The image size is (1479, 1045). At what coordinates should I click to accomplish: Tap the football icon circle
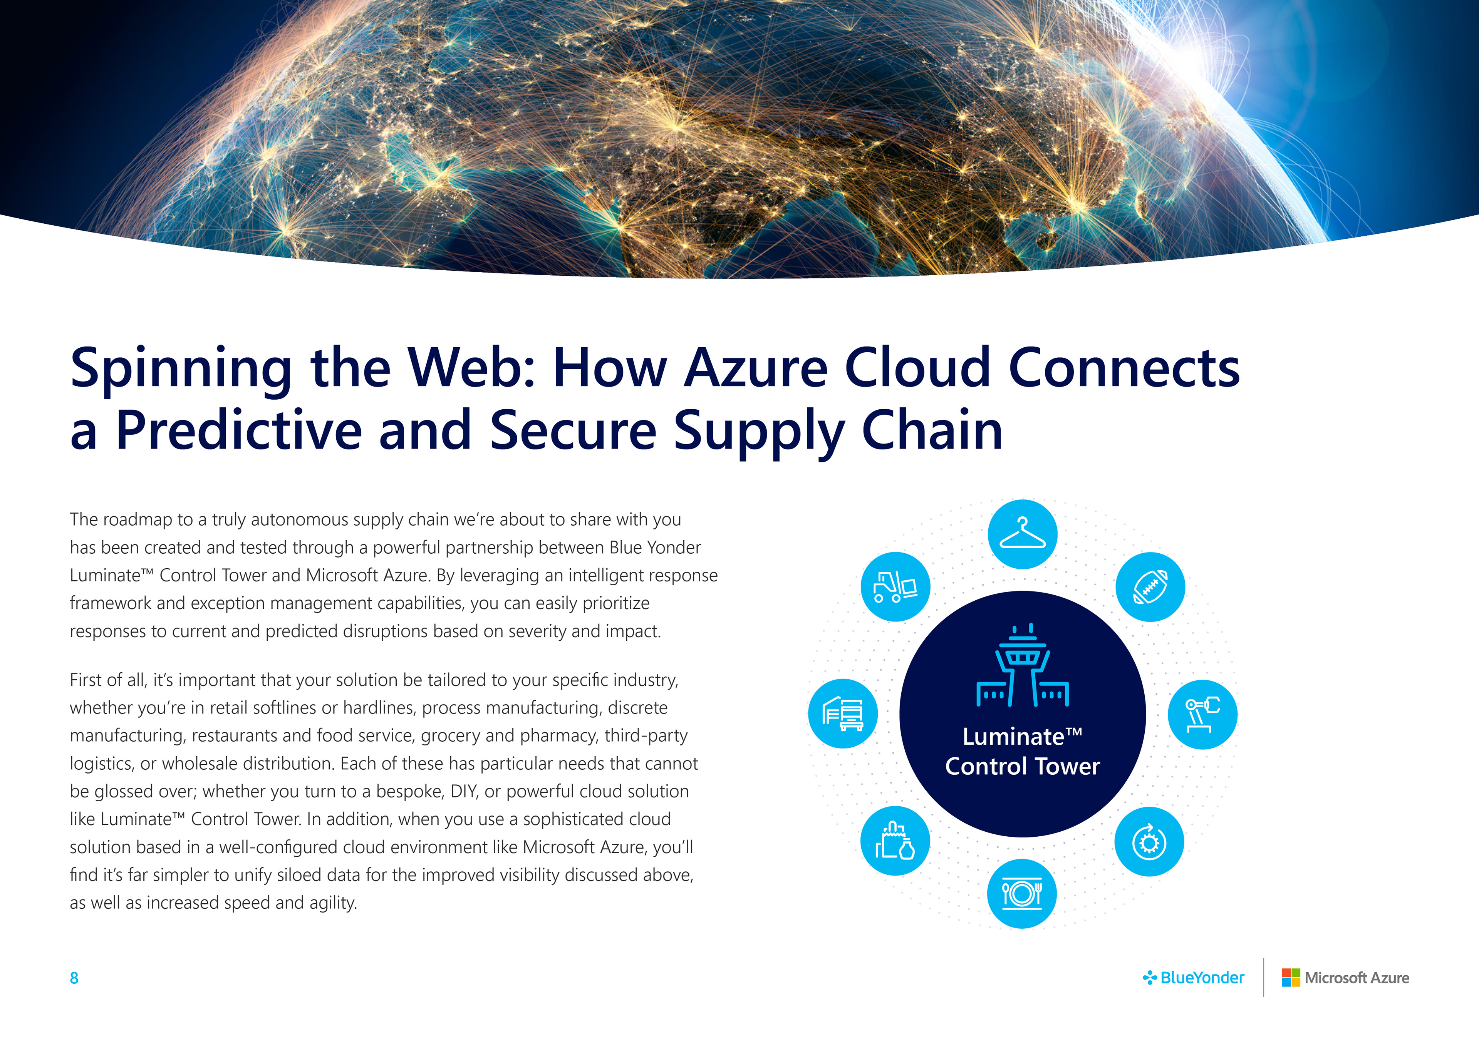[x=1150, y=586]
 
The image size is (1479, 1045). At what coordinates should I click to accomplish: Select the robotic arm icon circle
[x=1203, y=714]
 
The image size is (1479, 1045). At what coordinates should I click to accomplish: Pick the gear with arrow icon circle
[x=1150, y=842]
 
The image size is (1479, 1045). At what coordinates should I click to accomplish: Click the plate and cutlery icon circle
[x=1022, y=894]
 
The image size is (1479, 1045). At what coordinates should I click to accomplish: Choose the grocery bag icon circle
[x=895, y=841]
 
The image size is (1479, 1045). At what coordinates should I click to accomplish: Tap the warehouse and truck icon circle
[x=843, y=713]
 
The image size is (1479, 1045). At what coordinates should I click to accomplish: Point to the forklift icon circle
[x=895, y=586]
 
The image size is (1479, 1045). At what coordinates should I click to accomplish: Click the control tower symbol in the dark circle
[x=1023, y=665]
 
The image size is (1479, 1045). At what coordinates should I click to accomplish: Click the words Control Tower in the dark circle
[x=1022, y=766]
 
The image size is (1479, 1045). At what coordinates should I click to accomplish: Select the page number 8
[x=74, y=978]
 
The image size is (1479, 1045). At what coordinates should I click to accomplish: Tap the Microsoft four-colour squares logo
[x=1291, y=977]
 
